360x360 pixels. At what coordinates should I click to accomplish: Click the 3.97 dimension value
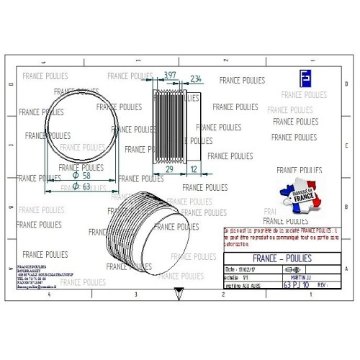pyautogui.click(x=170, y=76)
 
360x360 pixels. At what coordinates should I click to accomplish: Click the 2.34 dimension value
pyautogui.click(x=196, y=78)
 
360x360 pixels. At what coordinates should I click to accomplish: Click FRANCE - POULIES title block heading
pyautogui.click(x=284, y=256)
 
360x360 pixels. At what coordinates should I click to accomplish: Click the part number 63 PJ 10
pyautogui.click(x=295, y=285)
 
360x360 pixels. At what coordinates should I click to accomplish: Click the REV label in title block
pyautogui.click(x=322, y=285)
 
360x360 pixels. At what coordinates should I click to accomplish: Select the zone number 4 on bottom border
pyautogui.click(x=48, y=295)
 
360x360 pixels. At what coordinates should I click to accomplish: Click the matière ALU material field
pyautogui.click(x=245, y=284)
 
